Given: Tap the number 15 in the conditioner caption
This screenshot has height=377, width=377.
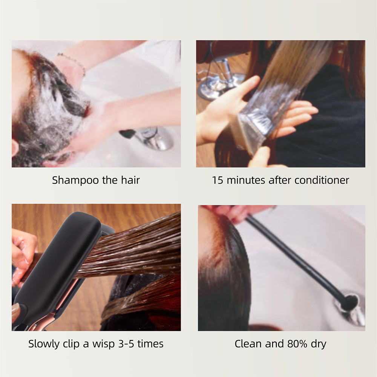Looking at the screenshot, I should point(218,180).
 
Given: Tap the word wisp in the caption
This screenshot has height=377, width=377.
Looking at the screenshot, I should point(100,344).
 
